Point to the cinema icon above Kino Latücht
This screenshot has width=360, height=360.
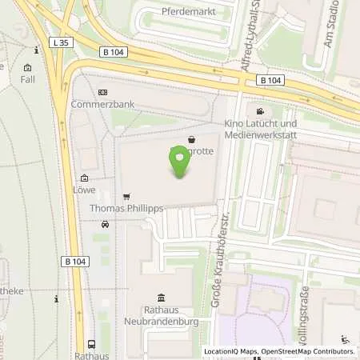click(259, 110)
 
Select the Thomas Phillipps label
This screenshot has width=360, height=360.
click(126, 208)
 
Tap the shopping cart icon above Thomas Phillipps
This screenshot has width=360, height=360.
click(126, 197)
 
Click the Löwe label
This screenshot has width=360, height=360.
click(84, 190)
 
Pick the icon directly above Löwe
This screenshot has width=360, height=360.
click(84, 178)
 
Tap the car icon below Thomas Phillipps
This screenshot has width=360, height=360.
click(104, 226)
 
